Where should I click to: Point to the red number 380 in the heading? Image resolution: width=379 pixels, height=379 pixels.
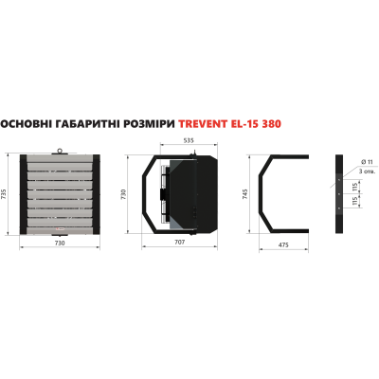point(272,123)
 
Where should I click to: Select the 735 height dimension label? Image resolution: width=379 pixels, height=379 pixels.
point(4,194)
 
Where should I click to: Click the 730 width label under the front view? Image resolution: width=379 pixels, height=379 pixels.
point(60,243)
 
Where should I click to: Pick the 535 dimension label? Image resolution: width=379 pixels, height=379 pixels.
point(189,140)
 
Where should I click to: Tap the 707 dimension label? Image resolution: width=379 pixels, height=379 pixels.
point(179,243)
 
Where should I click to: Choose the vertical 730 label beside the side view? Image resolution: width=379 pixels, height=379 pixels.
point(123,194)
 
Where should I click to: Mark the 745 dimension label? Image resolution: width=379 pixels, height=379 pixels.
point(245,194)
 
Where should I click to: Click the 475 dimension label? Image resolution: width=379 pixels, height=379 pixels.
point(284,244)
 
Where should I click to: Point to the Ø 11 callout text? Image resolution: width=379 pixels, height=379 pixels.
point(367,162)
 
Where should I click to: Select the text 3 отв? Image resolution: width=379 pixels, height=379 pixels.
point(368,171)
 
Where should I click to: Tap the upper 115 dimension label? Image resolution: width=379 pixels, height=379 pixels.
point(354,187)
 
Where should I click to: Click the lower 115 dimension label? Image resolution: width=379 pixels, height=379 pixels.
point(354,201)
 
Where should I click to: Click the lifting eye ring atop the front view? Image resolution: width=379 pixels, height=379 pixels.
point(60,150)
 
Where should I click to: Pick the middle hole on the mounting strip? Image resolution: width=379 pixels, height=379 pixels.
point(339,194)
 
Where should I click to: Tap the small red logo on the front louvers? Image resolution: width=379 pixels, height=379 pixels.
point(59,228)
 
